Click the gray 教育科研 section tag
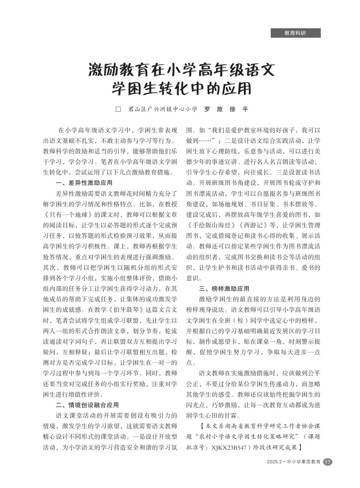tap(295, 33)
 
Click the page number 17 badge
tap(327, 462)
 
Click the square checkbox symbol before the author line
tap(118, 109)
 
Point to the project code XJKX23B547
tap(226, 447)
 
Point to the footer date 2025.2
tap(274, 462)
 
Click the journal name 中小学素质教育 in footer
tap(303, 462)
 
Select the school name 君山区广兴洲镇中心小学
tap(163, 109)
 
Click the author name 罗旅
tap(214, 109)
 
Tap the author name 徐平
tap(239, 109)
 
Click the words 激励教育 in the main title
tap(118, 70)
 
